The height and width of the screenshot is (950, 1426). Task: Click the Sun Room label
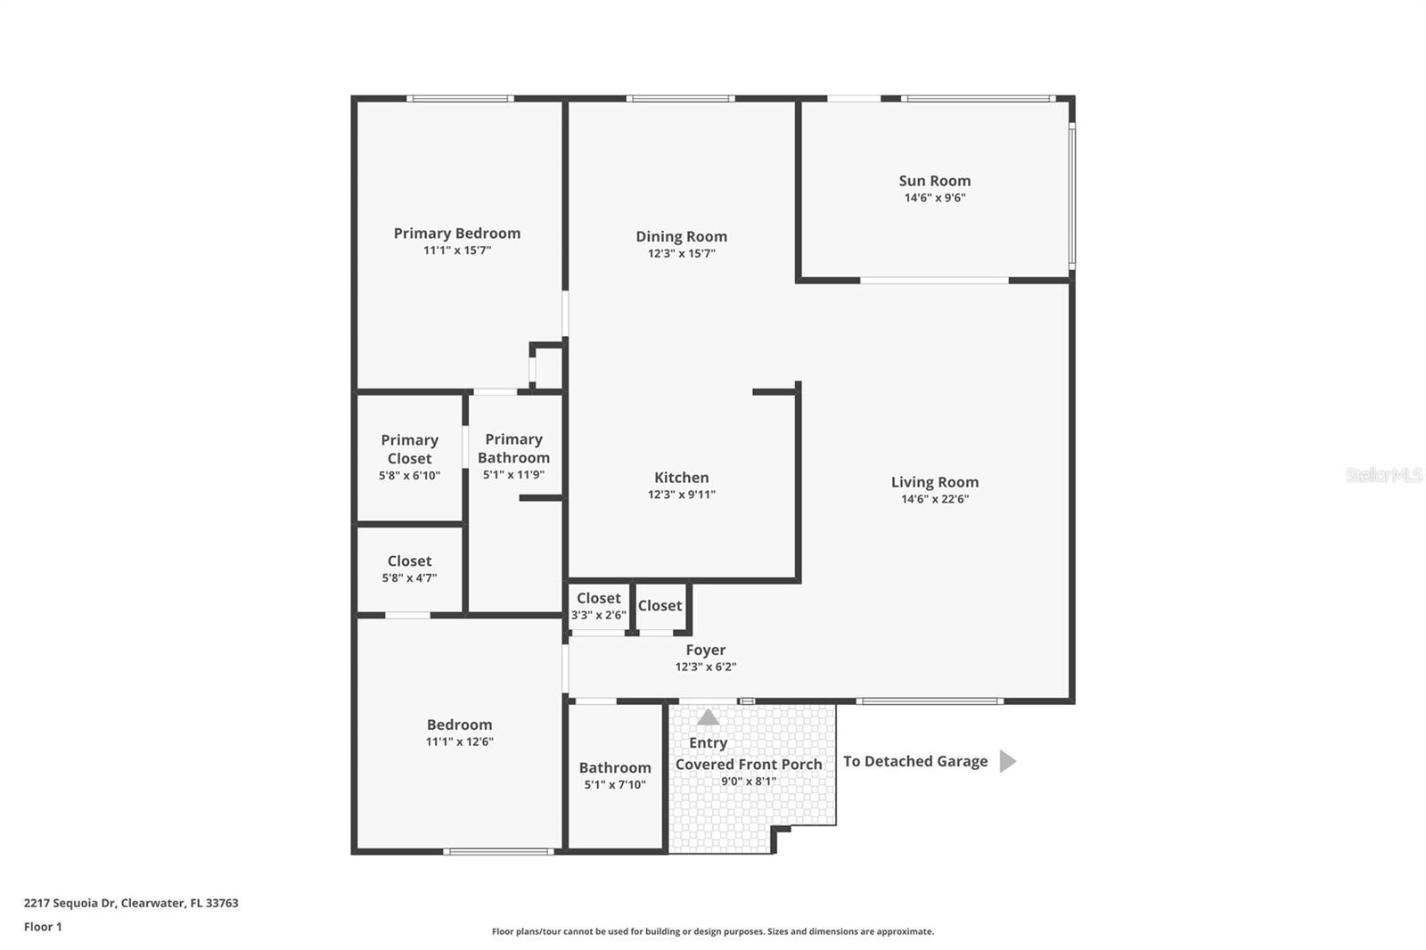[934, 181]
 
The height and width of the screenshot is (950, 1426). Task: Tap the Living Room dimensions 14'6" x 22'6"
[934, 499]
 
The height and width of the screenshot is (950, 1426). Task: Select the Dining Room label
[681, 236]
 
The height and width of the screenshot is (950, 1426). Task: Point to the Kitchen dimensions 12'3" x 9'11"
[681, 495]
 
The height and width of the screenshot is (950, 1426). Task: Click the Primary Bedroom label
[456, 233]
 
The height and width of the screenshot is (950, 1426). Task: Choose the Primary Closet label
[409, 449]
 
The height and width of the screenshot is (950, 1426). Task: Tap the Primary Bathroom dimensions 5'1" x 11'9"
[513, 475]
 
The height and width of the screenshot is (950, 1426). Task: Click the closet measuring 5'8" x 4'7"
[409, 568]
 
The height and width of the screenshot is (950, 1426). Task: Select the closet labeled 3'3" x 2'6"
[598, 605]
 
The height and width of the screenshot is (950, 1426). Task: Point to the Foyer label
[705, 651]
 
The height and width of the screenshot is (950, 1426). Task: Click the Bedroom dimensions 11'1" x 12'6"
[459, 741]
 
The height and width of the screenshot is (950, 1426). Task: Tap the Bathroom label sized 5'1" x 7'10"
[614, 768]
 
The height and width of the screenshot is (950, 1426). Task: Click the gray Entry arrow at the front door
[708, 717]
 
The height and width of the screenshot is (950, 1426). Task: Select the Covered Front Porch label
[749, 765]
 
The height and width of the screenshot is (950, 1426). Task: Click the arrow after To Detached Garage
[1007, 761]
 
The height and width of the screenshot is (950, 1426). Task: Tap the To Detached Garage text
[914, 761]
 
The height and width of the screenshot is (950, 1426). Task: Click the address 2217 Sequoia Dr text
[131, 903]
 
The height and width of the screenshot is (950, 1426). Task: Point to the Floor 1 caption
[43, 927]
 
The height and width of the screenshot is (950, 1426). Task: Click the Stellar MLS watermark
[1383, 475]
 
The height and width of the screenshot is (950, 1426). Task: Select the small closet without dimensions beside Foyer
[660, 606]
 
